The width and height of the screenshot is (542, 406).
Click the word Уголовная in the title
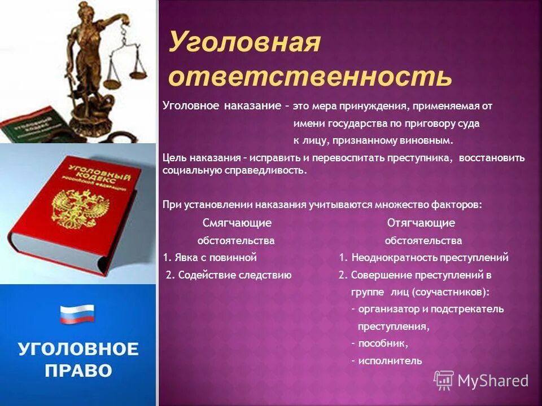244,44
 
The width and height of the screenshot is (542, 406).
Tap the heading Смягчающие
237,223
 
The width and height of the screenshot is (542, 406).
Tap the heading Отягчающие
421,223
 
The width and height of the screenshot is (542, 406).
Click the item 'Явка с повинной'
210,258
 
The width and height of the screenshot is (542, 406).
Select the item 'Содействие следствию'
229,275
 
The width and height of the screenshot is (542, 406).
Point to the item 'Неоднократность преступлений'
424,258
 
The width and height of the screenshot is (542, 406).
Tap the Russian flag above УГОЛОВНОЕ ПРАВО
77,314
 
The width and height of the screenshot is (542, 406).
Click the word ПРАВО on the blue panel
77,370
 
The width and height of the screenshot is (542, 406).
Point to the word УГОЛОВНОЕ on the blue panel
77,348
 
